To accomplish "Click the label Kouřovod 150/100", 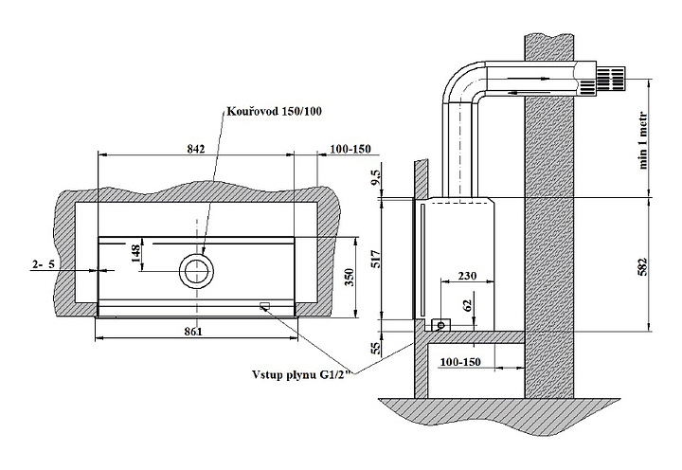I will (274, 112).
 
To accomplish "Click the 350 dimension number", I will (349, 277).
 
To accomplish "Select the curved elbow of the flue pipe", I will (458, 82).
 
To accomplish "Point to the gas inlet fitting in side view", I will (440, 325).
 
